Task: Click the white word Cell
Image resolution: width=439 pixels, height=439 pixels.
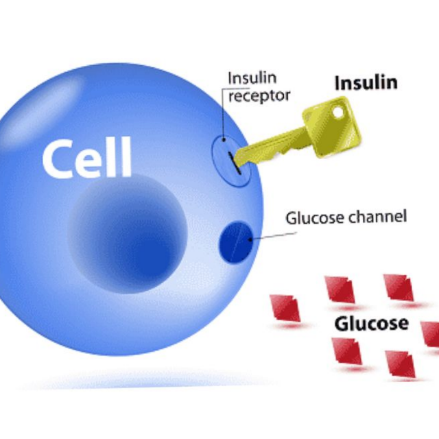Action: (x=87, y=157)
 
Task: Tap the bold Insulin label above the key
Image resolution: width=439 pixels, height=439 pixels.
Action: (x=366, y=82)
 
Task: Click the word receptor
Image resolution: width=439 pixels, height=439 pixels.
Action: (x=259, y=96)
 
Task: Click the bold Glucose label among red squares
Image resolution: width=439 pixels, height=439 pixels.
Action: (x=372, y=324)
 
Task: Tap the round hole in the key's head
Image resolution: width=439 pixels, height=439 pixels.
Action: (x=338, y=112)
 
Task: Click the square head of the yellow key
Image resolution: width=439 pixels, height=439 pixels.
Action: (x=332, y=126)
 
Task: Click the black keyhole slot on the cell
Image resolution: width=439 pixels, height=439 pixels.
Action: (x=235, y=163)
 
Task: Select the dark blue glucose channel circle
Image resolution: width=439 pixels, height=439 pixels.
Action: (x=236, y=242)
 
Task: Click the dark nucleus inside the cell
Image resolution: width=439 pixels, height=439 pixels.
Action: (x=128, y=234)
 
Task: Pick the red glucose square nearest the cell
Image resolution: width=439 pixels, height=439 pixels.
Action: (x=285, y=307)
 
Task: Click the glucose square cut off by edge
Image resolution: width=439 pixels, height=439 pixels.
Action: (x=430, y=334)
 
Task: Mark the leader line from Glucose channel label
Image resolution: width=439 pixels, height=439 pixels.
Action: (x=274, y=236)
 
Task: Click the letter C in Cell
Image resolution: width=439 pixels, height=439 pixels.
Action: (x=57, y=159)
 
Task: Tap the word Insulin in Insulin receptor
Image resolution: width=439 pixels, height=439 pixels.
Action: (x=252, y=78)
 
